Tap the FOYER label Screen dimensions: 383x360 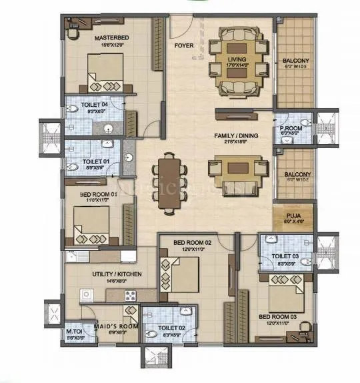(x=183, y=46)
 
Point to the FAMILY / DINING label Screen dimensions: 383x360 (x=236, y=135)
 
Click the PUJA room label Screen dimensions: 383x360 (x=293, y=215)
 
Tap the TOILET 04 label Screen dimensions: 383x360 (x=95, y=105)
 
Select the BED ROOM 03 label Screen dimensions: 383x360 (x=277, y=316)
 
